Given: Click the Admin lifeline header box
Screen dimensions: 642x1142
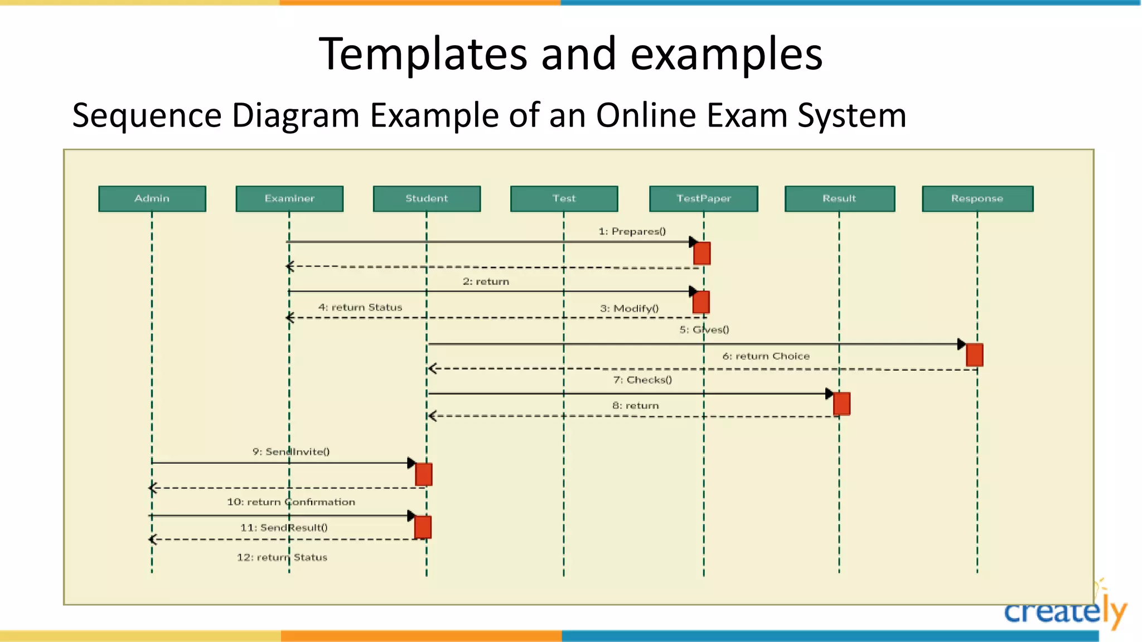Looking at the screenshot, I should point(152,198).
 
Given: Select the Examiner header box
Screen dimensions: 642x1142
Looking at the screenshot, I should point(289,198).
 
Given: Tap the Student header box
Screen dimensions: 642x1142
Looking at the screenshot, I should point(427,198).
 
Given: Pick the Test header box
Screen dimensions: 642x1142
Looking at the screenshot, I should point(564,198).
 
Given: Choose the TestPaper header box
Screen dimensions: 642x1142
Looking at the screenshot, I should point(703,198).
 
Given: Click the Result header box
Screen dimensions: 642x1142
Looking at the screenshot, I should point(839,198).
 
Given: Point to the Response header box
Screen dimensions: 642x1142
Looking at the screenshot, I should point(977,198).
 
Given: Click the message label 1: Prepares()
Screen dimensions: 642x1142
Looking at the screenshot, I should point(632,231).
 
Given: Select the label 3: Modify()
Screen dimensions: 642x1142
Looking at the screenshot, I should point(629,308).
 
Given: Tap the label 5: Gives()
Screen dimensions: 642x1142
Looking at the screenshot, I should point(704,329).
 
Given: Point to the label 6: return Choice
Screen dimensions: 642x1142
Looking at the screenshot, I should point(766,356).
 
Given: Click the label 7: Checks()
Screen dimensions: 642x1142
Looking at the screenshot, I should point(642,380).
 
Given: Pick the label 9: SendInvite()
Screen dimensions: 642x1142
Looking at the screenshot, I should point(291,451).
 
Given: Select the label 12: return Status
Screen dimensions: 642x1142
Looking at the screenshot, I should point(282,557).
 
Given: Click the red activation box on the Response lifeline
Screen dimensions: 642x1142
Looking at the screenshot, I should point(974,355).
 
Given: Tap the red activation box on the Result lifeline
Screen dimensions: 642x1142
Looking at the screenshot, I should point(841,403).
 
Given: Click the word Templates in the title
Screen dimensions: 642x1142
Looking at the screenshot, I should point(422,54).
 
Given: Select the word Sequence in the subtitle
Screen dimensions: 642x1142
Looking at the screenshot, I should point(147,115).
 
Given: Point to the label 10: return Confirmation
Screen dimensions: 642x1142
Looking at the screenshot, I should point(291,502).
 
